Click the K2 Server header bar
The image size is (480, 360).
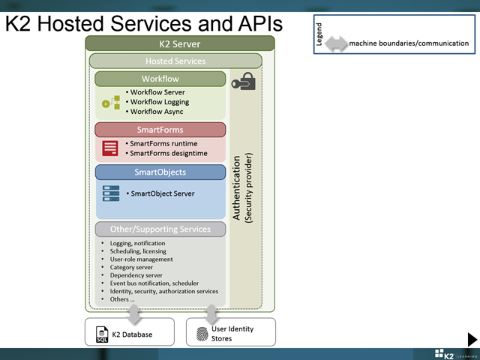[179, 43]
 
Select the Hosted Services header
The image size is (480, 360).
[175, 61]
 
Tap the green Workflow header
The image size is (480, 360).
[160, 79]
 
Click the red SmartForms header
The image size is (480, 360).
[160, 130]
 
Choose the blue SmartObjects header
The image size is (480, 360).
[160, 172]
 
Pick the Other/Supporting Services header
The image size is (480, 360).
[160, 229]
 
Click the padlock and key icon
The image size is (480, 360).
[244, 82]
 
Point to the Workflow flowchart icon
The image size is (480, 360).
[111, 102]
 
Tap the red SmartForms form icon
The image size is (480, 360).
[110, 148]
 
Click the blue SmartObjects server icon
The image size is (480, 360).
[110, 193]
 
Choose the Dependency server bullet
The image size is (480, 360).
[134, 275]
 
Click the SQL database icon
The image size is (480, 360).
[102, 334]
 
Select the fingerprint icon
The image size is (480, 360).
[201, 334]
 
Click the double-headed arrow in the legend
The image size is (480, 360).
[336, 43]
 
